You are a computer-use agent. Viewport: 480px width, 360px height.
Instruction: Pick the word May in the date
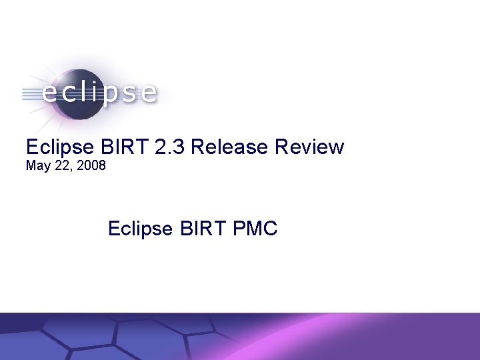(x=37, y=165)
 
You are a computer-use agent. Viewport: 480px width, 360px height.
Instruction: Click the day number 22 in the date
(x=61, y=165)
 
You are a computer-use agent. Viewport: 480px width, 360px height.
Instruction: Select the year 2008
(x=90, y=165)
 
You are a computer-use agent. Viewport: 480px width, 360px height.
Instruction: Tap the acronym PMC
(x=255, y=229)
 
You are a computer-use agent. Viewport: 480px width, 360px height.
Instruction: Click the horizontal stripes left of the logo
(x=29, y=93)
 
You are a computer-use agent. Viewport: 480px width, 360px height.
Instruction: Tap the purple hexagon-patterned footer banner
(x=240, y=336)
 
